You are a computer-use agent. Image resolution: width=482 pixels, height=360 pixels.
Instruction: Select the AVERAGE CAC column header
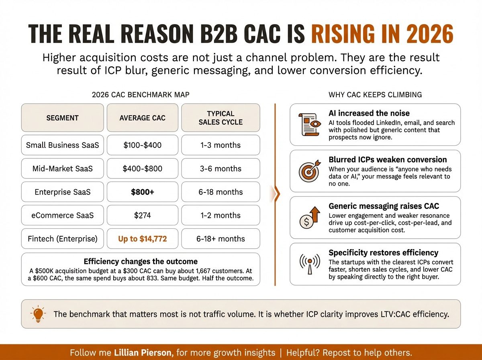[x=142, y=118]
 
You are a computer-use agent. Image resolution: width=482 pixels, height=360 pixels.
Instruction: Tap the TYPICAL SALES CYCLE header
[x=221, y=118]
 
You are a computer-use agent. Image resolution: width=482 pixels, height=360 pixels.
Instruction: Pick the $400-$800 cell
[x=142, y=168]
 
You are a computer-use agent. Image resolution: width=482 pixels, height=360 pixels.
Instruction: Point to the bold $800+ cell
[x=142, y=192]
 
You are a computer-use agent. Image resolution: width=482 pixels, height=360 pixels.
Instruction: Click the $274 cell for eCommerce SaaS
[x=142, y=215]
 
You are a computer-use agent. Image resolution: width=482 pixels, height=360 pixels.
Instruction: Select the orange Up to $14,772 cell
[x=142, y=239]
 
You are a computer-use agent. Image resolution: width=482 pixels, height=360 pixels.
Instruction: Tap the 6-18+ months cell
[x=221, y=239]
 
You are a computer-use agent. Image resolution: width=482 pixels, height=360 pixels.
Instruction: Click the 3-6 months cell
[x=221, y=168]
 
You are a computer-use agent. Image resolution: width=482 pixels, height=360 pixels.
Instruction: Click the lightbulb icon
[x=37, y=314]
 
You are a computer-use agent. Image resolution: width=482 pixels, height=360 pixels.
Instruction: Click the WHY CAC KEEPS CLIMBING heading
[x=375, y=95]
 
